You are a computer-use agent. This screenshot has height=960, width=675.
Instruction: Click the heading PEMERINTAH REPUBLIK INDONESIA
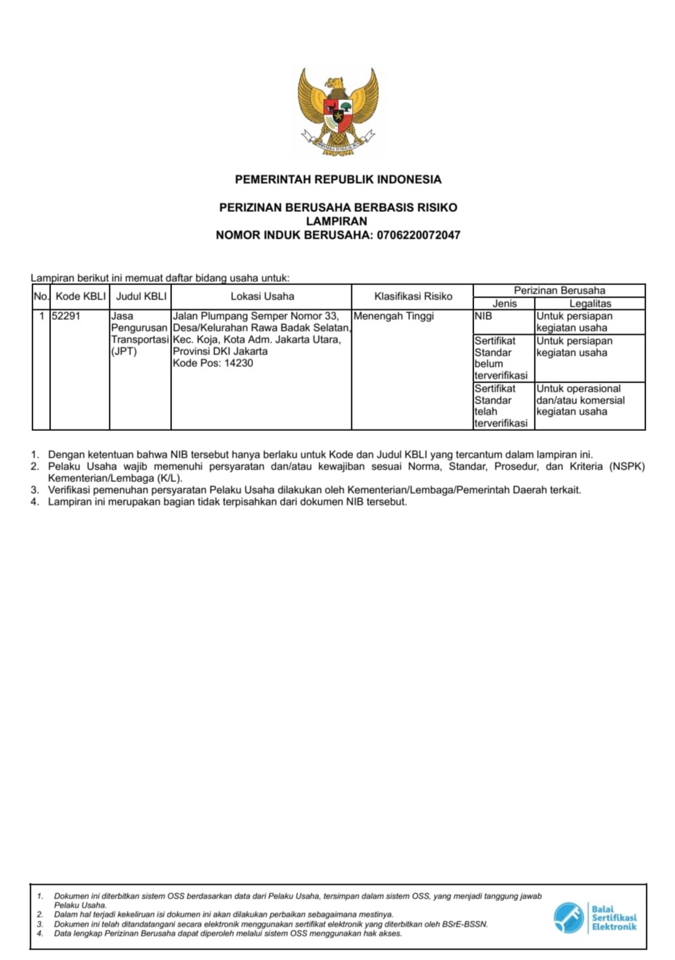(x=337, y=179)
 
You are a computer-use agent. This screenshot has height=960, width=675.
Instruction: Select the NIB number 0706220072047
(x=418, y=235)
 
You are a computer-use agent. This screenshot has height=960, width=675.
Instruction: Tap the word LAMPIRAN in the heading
(x=337, y=221)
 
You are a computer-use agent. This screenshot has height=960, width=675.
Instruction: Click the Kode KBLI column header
(x=80, y=296)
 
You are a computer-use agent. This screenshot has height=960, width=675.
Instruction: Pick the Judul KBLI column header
(x=141, y=296)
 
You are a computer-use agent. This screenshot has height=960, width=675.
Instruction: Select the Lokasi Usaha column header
(x=262, y=296)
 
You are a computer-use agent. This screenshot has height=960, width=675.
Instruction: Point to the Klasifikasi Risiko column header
(x=413, y=296)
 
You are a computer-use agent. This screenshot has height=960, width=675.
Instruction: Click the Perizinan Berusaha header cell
(x=559, y=290)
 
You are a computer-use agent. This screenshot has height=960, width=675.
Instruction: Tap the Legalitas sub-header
(x=590, y=303)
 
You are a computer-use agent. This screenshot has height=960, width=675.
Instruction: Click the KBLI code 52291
(x=66, y=316)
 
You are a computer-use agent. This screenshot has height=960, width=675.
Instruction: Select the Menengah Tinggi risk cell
(x=394, y=316)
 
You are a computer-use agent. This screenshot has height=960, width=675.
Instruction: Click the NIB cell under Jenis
(x=483, y=316)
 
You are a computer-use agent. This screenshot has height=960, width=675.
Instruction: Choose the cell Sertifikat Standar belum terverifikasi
(x=500, y=358)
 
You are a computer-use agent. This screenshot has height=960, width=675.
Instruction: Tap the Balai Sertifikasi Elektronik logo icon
(x=568, y=917)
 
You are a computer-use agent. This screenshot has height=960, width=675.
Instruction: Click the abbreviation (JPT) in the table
(x=124, y=351)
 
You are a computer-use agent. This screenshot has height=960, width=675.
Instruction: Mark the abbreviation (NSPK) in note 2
(x=627, y=466)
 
